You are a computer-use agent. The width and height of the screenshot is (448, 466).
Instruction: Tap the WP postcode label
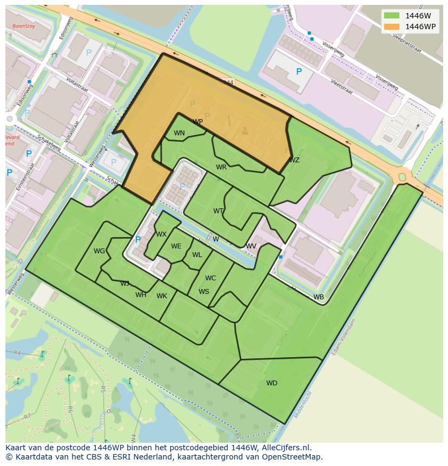197,122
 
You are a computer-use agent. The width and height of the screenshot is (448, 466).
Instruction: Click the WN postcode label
179,133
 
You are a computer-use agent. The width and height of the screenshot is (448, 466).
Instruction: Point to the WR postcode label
221,167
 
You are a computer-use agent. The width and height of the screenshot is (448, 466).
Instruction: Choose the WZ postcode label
294,160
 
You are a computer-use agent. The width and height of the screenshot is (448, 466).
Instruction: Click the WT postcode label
218,211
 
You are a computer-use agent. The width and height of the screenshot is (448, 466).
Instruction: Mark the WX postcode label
161,234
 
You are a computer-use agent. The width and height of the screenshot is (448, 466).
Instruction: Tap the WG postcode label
99,251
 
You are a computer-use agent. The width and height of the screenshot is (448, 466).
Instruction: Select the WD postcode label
272,383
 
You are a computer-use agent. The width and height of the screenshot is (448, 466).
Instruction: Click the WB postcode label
319,297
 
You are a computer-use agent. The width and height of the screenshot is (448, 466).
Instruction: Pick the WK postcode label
162,296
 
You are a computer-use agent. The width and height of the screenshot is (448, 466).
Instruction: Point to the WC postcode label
210,278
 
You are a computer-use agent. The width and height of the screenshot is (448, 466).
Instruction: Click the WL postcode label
197,255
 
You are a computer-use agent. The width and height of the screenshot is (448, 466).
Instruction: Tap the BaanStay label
23,25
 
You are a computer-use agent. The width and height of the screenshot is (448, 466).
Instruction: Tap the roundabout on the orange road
402,176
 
